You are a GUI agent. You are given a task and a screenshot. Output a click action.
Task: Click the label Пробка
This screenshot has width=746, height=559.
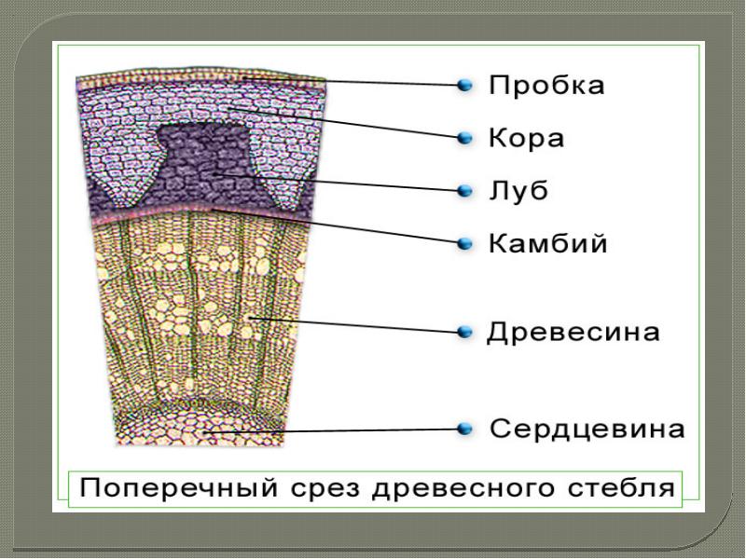pyautogui.click(x=547, y=87)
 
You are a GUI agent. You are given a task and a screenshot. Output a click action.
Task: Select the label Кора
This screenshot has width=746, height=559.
pyautogui.click(x=528, y=140)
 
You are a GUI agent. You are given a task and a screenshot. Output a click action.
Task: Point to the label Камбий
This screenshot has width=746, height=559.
pyautogui.click(x=548, y=245)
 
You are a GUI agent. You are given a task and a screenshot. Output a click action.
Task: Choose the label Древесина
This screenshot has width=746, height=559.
pyautogui.click(x=574, y=333)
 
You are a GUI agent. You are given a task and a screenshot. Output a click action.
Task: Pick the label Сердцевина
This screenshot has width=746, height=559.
pyautogui.click(x=588, y=430)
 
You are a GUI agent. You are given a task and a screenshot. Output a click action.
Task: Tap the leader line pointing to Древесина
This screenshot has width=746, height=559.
pyautogui.click(x=354, y=325)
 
